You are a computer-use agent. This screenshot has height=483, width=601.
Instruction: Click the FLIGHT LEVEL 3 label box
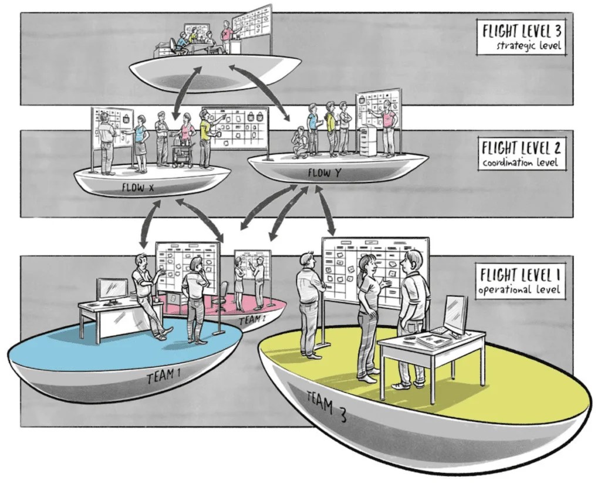[x=521, y=38]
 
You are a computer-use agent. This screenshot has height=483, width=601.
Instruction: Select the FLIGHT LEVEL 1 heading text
[x=519, y=275]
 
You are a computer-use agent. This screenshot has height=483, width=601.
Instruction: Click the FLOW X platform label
[x=137, y=188]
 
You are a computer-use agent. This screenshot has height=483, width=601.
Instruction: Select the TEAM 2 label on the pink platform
[x=252, y=320]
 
